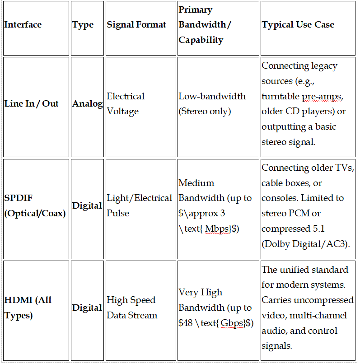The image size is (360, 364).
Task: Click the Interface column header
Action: click(23, 25)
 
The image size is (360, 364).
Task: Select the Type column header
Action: click(83, 25)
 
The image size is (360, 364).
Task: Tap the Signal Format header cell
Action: click(136, 25)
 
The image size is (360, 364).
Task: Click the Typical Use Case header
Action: click(298, 25)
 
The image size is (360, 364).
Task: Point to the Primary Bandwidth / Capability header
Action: click(205, 25)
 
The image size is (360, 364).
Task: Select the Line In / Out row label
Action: click(32, 103)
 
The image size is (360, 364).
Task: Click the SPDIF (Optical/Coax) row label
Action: click(35, 205)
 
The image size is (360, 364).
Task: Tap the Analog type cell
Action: click(88, 103)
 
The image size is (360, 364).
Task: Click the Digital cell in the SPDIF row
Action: click(88, 205)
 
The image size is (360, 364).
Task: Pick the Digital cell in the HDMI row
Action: click(88, 308)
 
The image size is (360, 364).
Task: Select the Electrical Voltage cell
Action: click(126, 103)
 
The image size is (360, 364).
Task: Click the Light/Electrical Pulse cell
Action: click(139, 205)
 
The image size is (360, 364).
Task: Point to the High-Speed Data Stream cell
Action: click(132, 308)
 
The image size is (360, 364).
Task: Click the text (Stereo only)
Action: click(205, 111)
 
